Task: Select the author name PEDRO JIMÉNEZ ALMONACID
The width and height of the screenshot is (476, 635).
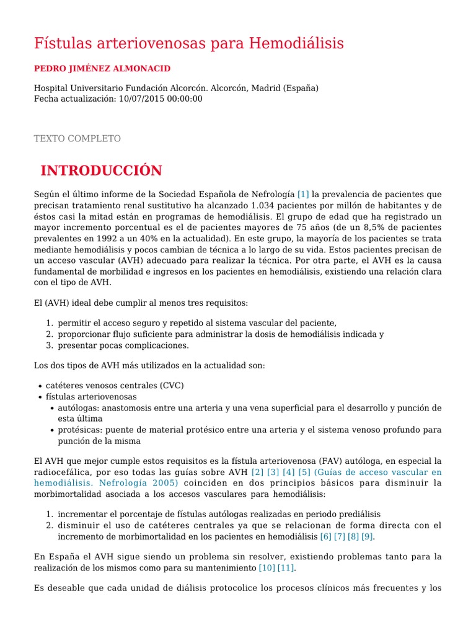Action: point(102,68)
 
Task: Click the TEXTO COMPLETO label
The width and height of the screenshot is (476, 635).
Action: point(77,138)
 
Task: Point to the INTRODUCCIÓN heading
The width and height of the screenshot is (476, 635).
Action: point(101,171)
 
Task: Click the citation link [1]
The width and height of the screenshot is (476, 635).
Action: point(303,194)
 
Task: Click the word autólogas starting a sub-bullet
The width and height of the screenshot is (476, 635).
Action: point(78,407)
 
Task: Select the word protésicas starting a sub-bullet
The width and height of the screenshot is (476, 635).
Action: point(79,430)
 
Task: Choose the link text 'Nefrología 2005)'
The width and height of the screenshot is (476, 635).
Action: point(142,483)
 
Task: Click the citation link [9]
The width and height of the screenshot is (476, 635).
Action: point(368,536)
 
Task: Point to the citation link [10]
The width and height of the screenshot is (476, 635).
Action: point(266,567)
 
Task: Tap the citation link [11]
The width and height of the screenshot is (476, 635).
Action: point(286,567)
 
